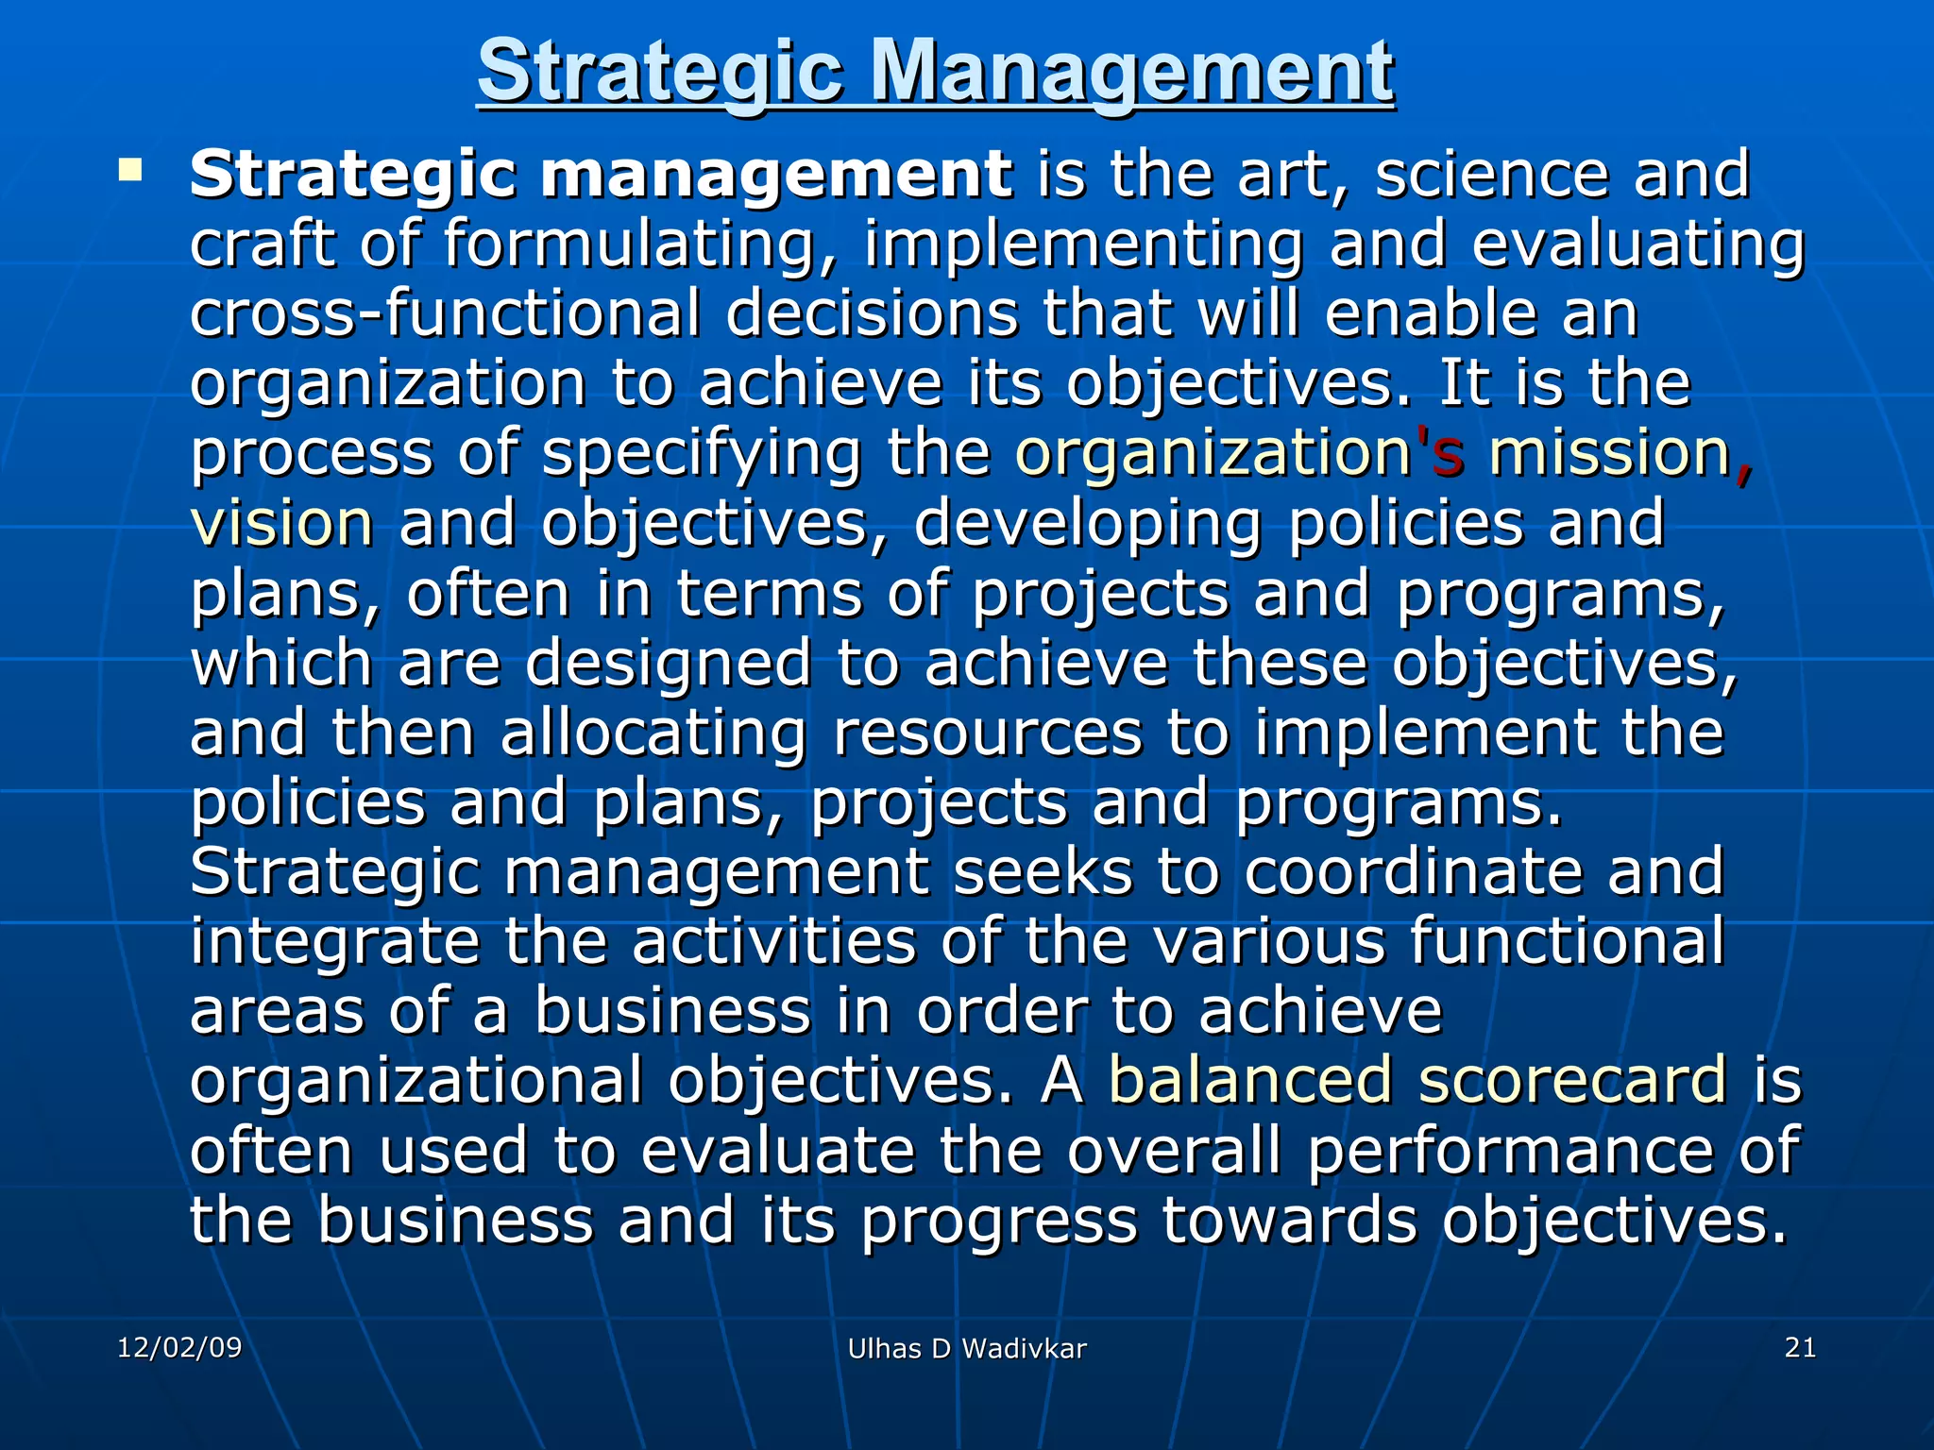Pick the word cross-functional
click(x=445, y=313)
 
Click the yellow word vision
click(x=281, y=524)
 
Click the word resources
click(x=988, y=734)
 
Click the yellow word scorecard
click(x=1572, y=1080)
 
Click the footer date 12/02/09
click(x=179, y=1347)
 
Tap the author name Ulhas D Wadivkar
click(x=967, y=1349)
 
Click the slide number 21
click(x=1800, y=1347)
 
